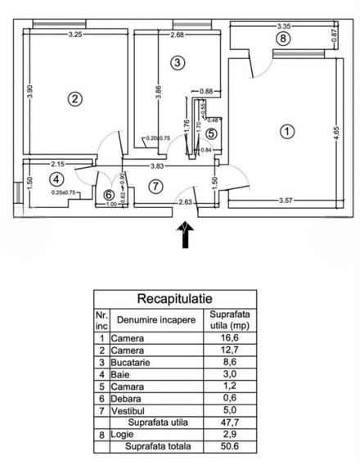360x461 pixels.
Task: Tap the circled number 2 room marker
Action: click(x=74, y=99)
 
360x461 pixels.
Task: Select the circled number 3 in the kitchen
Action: click(x=178, y=61)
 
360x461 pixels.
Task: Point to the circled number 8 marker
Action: click(x=283, y=38)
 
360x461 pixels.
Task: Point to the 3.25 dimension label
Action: click(x=75, y=34)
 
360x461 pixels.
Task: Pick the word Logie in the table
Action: click(x=124, y=436)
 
